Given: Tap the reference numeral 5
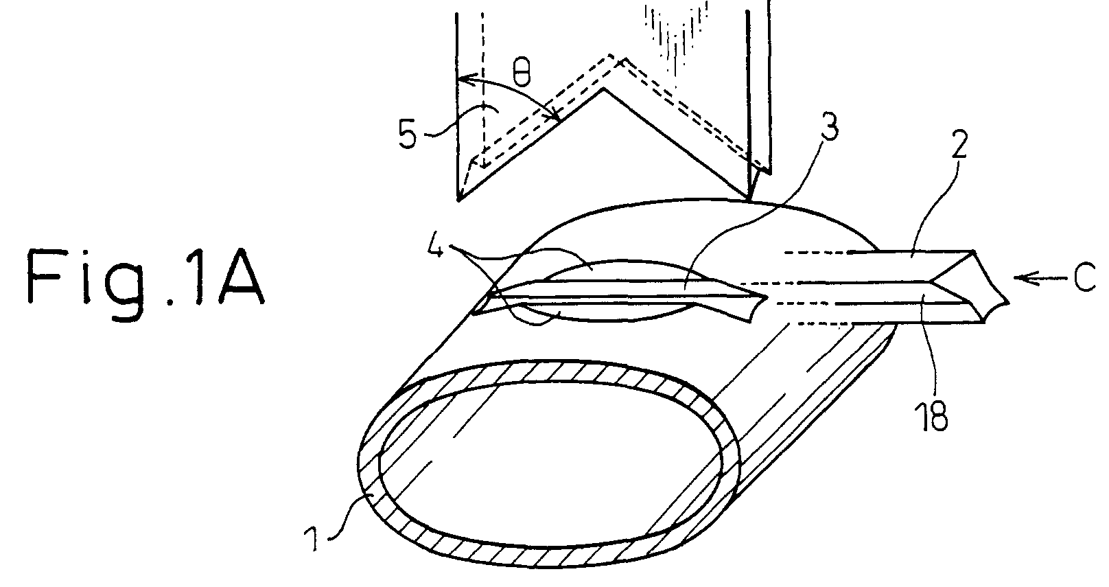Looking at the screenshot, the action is coord(408,135).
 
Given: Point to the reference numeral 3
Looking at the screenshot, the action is coord(830,126).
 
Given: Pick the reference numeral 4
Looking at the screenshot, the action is coord(436,243).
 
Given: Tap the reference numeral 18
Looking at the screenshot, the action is coord(932,415).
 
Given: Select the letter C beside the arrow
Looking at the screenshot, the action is coord(1084,277).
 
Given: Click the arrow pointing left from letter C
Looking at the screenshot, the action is coord(1040,278).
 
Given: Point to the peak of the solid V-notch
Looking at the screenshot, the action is coord(603,89).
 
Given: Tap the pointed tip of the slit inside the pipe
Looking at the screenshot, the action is coord(767,297).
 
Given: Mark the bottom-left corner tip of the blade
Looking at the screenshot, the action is coord(459,200).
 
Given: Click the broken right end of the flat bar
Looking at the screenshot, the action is coord(995,287).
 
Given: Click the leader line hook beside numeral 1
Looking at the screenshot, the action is coord(342,518).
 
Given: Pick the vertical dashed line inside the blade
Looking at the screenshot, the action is coord(483,89).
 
